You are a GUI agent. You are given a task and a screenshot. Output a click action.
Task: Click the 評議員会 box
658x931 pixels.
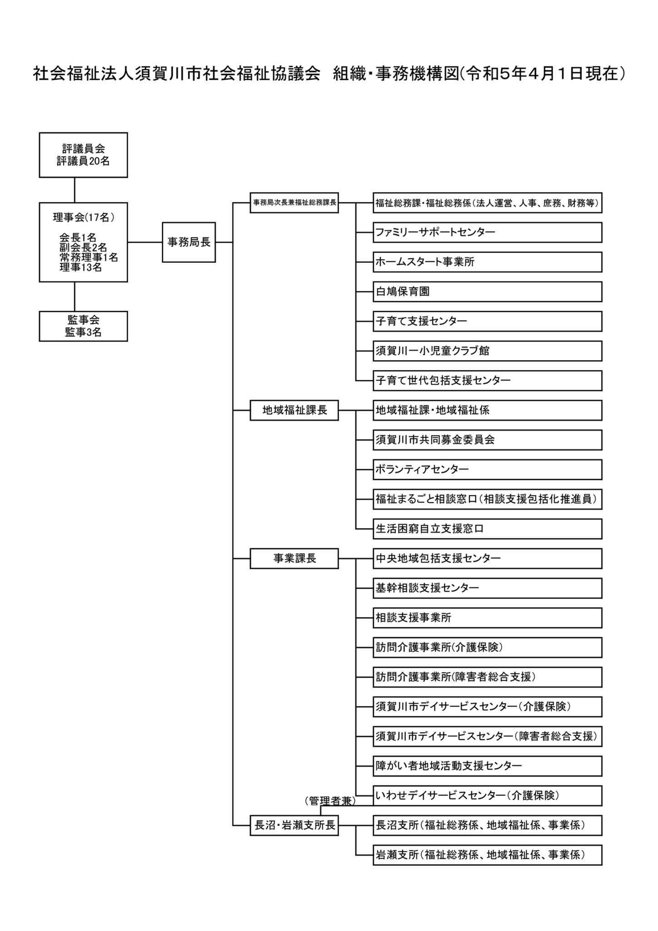click(x=83, y=155)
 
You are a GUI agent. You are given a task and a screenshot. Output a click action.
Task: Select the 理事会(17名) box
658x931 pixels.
click(x=83, y=242)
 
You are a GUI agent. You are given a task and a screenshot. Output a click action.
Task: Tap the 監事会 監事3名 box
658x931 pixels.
click(x=83, y=326)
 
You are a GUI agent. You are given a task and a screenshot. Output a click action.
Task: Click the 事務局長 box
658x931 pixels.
click(x=189, y=242)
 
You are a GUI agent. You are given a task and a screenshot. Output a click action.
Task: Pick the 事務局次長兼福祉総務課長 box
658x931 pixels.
click(x=294, y=203)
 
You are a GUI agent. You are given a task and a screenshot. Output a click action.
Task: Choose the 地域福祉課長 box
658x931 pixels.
click(x=294, y=410)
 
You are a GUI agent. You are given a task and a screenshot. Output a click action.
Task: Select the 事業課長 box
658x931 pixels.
click(x=294, y=559)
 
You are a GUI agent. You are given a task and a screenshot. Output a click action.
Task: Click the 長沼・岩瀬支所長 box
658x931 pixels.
click(x=294, y=826)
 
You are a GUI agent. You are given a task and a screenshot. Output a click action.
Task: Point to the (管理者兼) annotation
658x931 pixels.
click(x=330, y=801)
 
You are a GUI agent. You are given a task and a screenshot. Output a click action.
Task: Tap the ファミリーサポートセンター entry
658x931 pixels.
click(x=487, y=232)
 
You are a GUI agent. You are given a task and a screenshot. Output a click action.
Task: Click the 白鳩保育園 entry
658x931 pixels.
click(x=487, y=292)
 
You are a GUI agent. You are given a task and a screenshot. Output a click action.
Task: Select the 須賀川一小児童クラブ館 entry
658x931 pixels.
click(x=487, y=351)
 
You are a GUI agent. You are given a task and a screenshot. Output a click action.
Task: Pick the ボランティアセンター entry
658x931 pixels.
click(x=487, y=470)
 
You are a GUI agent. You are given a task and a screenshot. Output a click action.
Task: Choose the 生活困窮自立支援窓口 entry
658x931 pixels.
click(x=487, y=529)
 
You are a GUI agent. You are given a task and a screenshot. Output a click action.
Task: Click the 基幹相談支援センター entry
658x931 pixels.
click(x=487, y=588)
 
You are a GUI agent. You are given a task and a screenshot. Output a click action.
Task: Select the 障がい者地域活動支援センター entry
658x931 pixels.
click(x=487, y=766)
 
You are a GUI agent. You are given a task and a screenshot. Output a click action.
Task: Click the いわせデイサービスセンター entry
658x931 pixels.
click(x=487, y=796)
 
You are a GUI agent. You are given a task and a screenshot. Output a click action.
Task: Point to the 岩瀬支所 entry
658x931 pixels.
click(x=487, y=855)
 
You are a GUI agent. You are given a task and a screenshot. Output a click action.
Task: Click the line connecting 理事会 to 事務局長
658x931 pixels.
click(x=145, y=242)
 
